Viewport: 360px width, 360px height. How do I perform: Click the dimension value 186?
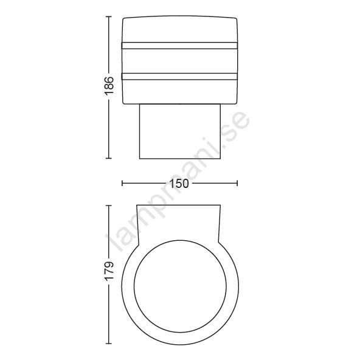109,86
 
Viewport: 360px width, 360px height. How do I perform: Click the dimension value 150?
179,184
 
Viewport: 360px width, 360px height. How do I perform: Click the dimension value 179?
109,270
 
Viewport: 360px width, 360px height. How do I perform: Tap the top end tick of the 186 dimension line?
109,17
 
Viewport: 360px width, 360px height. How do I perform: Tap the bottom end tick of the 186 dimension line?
109,158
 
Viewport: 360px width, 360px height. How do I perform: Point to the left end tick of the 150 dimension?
122,183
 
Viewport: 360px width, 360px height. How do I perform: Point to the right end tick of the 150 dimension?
237,183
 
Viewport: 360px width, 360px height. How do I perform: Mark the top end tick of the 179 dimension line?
109,206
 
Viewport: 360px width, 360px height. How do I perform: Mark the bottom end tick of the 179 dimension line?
109,344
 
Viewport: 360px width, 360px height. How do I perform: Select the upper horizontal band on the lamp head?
179,46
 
